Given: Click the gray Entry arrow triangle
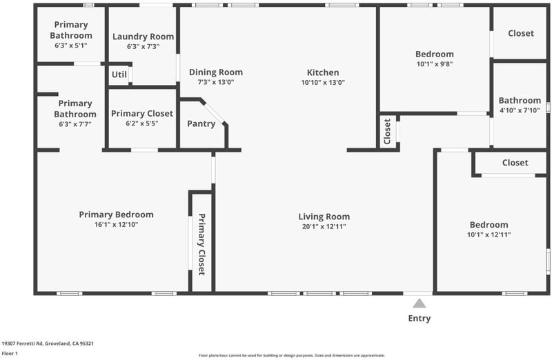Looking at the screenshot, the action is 419,303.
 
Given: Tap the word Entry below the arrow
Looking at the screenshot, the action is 420,319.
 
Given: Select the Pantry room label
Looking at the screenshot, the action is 201,124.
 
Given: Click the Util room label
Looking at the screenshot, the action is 119,74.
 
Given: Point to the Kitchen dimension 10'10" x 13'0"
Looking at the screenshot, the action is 323,82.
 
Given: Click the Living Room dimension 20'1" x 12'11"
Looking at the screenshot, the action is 324,227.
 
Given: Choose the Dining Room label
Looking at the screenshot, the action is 216,72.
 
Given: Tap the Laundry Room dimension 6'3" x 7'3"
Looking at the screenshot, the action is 144,46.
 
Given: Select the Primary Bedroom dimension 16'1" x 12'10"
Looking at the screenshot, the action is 116,225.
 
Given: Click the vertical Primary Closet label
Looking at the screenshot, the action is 201,244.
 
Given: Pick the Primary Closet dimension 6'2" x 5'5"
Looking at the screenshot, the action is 142,123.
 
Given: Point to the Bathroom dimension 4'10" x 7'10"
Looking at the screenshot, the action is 520,110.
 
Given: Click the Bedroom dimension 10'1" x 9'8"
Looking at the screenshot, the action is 435,64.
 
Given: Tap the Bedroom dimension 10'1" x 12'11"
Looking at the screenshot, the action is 489,234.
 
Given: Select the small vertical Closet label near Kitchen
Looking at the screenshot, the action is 387,132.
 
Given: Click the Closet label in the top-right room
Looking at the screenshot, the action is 521,33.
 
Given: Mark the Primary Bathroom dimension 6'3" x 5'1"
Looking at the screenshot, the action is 71,46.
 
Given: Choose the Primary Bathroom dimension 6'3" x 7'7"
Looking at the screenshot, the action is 75,124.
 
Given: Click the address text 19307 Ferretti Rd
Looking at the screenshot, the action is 22,343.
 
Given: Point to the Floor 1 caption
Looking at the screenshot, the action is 10,353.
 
